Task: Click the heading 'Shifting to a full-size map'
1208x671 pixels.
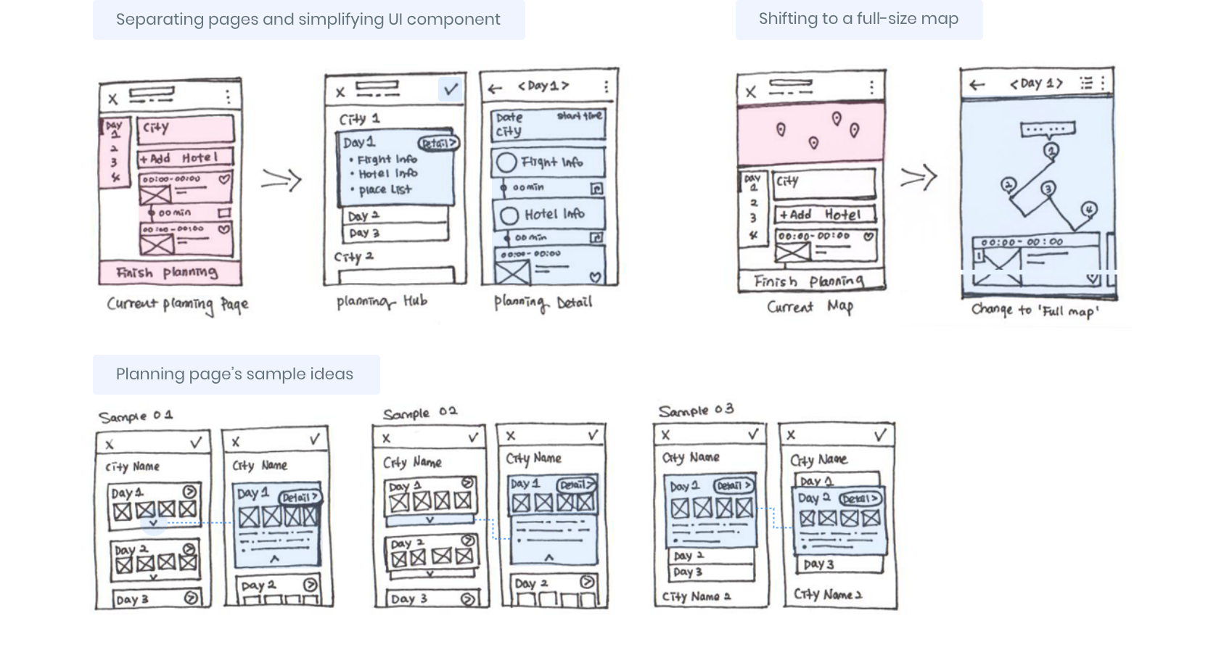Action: [858, 19]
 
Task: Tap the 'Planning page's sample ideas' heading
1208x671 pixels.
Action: [234, 374]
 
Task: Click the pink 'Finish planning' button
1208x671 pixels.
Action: [170, 273]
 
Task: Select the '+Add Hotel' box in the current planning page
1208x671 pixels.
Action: [186, 157]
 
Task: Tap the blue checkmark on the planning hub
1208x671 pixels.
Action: [451, 89]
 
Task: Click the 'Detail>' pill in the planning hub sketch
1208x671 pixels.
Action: [438, 143]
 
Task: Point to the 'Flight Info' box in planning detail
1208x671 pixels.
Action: [548, 162]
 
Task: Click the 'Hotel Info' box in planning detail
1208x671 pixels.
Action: [548, 215]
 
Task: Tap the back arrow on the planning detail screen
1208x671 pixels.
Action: [496, 88]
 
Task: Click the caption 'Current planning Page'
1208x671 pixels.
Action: [178, 304]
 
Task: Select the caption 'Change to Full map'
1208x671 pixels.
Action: [1035, 310]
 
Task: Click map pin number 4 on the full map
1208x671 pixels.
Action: [1088, 210]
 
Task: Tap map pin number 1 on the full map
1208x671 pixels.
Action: [1051, 150]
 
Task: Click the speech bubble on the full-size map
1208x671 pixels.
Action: [1047, 131]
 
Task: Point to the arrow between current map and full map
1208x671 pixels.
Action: [919, 178]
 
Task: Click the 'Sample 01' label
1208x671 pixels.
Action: [136, 416]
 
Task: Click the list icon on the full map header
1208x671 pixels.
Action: [1086, 83]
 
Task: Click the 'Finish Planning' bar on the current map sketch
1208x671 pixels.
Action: [809, 281]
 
